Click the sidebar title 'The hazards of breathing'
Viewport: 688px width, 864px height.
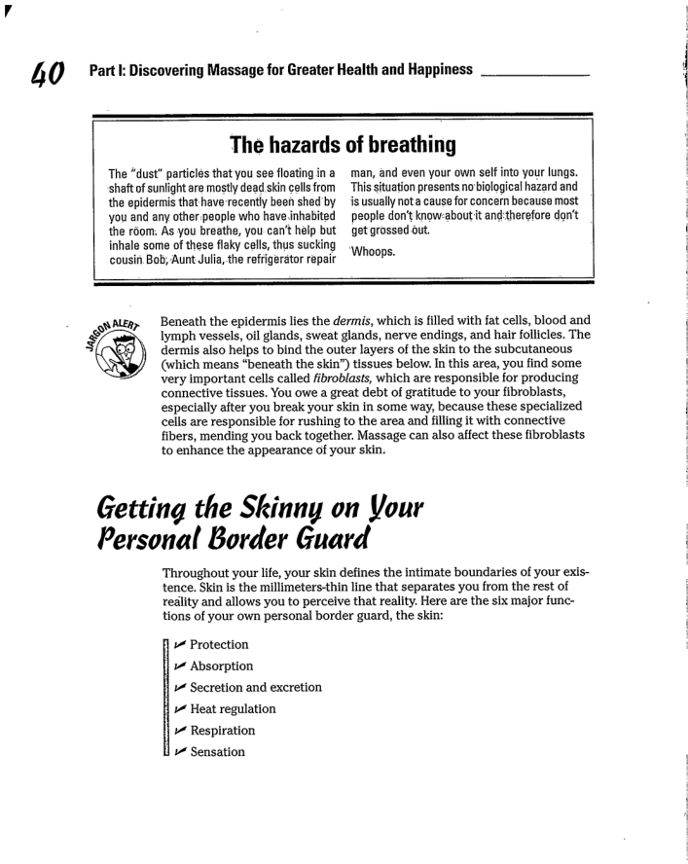[343, 146]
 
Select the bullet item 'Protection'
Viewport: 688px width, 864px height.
[219, 645]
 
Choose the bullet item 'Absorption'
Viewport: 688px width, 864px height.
[221, 666]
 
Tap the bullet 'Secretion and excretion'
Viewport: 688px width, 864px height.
[255, 688]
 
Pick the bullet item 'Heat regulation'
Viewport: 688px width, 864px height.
[233, 709]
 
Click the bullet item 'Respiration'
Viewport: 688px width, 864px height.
[223, 731]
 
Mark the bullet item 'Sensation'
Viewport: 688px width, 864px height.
[217, 752]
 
